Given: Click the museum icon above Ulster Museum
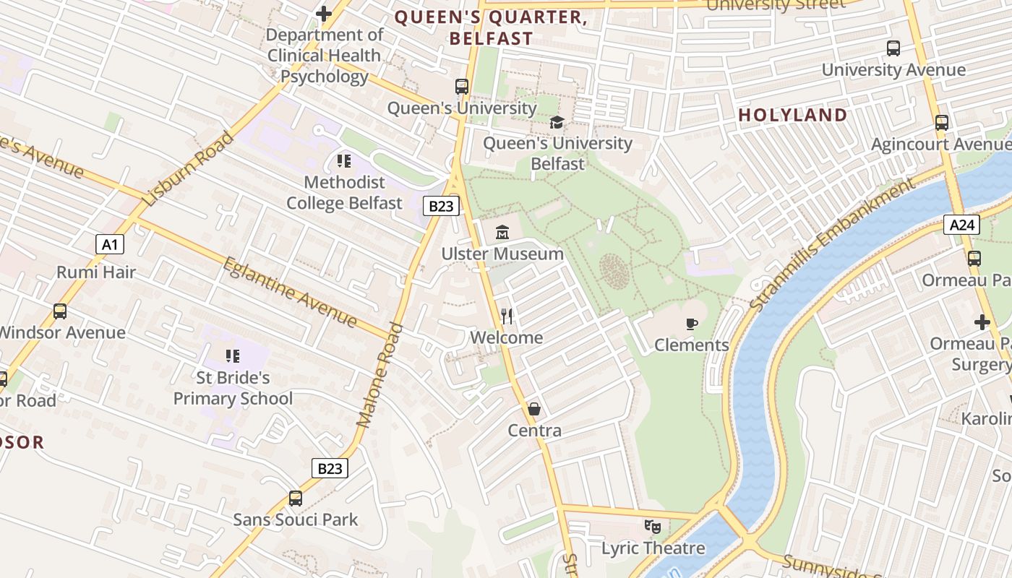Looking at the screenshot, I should [502, 233].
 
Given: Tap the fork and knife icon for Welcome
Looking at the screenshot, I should [507, 316].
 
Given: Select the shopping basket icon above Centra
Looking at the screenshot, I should [534, 410].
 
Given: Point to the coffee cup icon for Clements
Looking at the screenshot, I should [692, 324].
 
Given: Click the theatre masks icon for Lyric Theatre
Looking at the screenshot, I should [653, 527].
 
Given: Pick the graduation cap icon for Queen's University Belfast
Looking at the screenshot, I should [557, 122].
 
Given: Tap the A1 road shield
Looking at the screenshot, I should [110, 244].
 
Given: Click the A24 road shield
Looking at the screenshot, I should [962, 225].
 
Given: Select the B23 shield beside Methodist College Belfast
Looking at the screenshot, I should [441, 206].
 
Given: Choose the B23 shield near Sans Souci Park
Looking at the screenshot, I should [330, 468].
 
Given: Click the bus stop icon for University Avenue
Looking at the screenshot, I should [893, 48].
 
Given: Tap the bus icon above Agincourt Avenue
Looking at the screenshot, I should [942, 123].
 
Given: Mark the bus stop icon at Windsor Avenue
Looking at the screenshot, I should [60, 311].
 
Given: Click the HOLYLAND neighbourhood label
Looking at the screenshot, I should [792, 115].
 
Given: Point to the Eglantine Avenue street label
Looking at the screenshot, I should [290, 292].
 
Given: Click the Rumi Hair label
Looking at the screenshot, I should [96, 272].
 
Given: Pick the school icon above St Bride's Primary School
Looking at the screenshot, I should [233, 355].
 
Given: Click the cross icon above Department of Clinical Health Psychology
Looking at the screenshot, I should [324, 13].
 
